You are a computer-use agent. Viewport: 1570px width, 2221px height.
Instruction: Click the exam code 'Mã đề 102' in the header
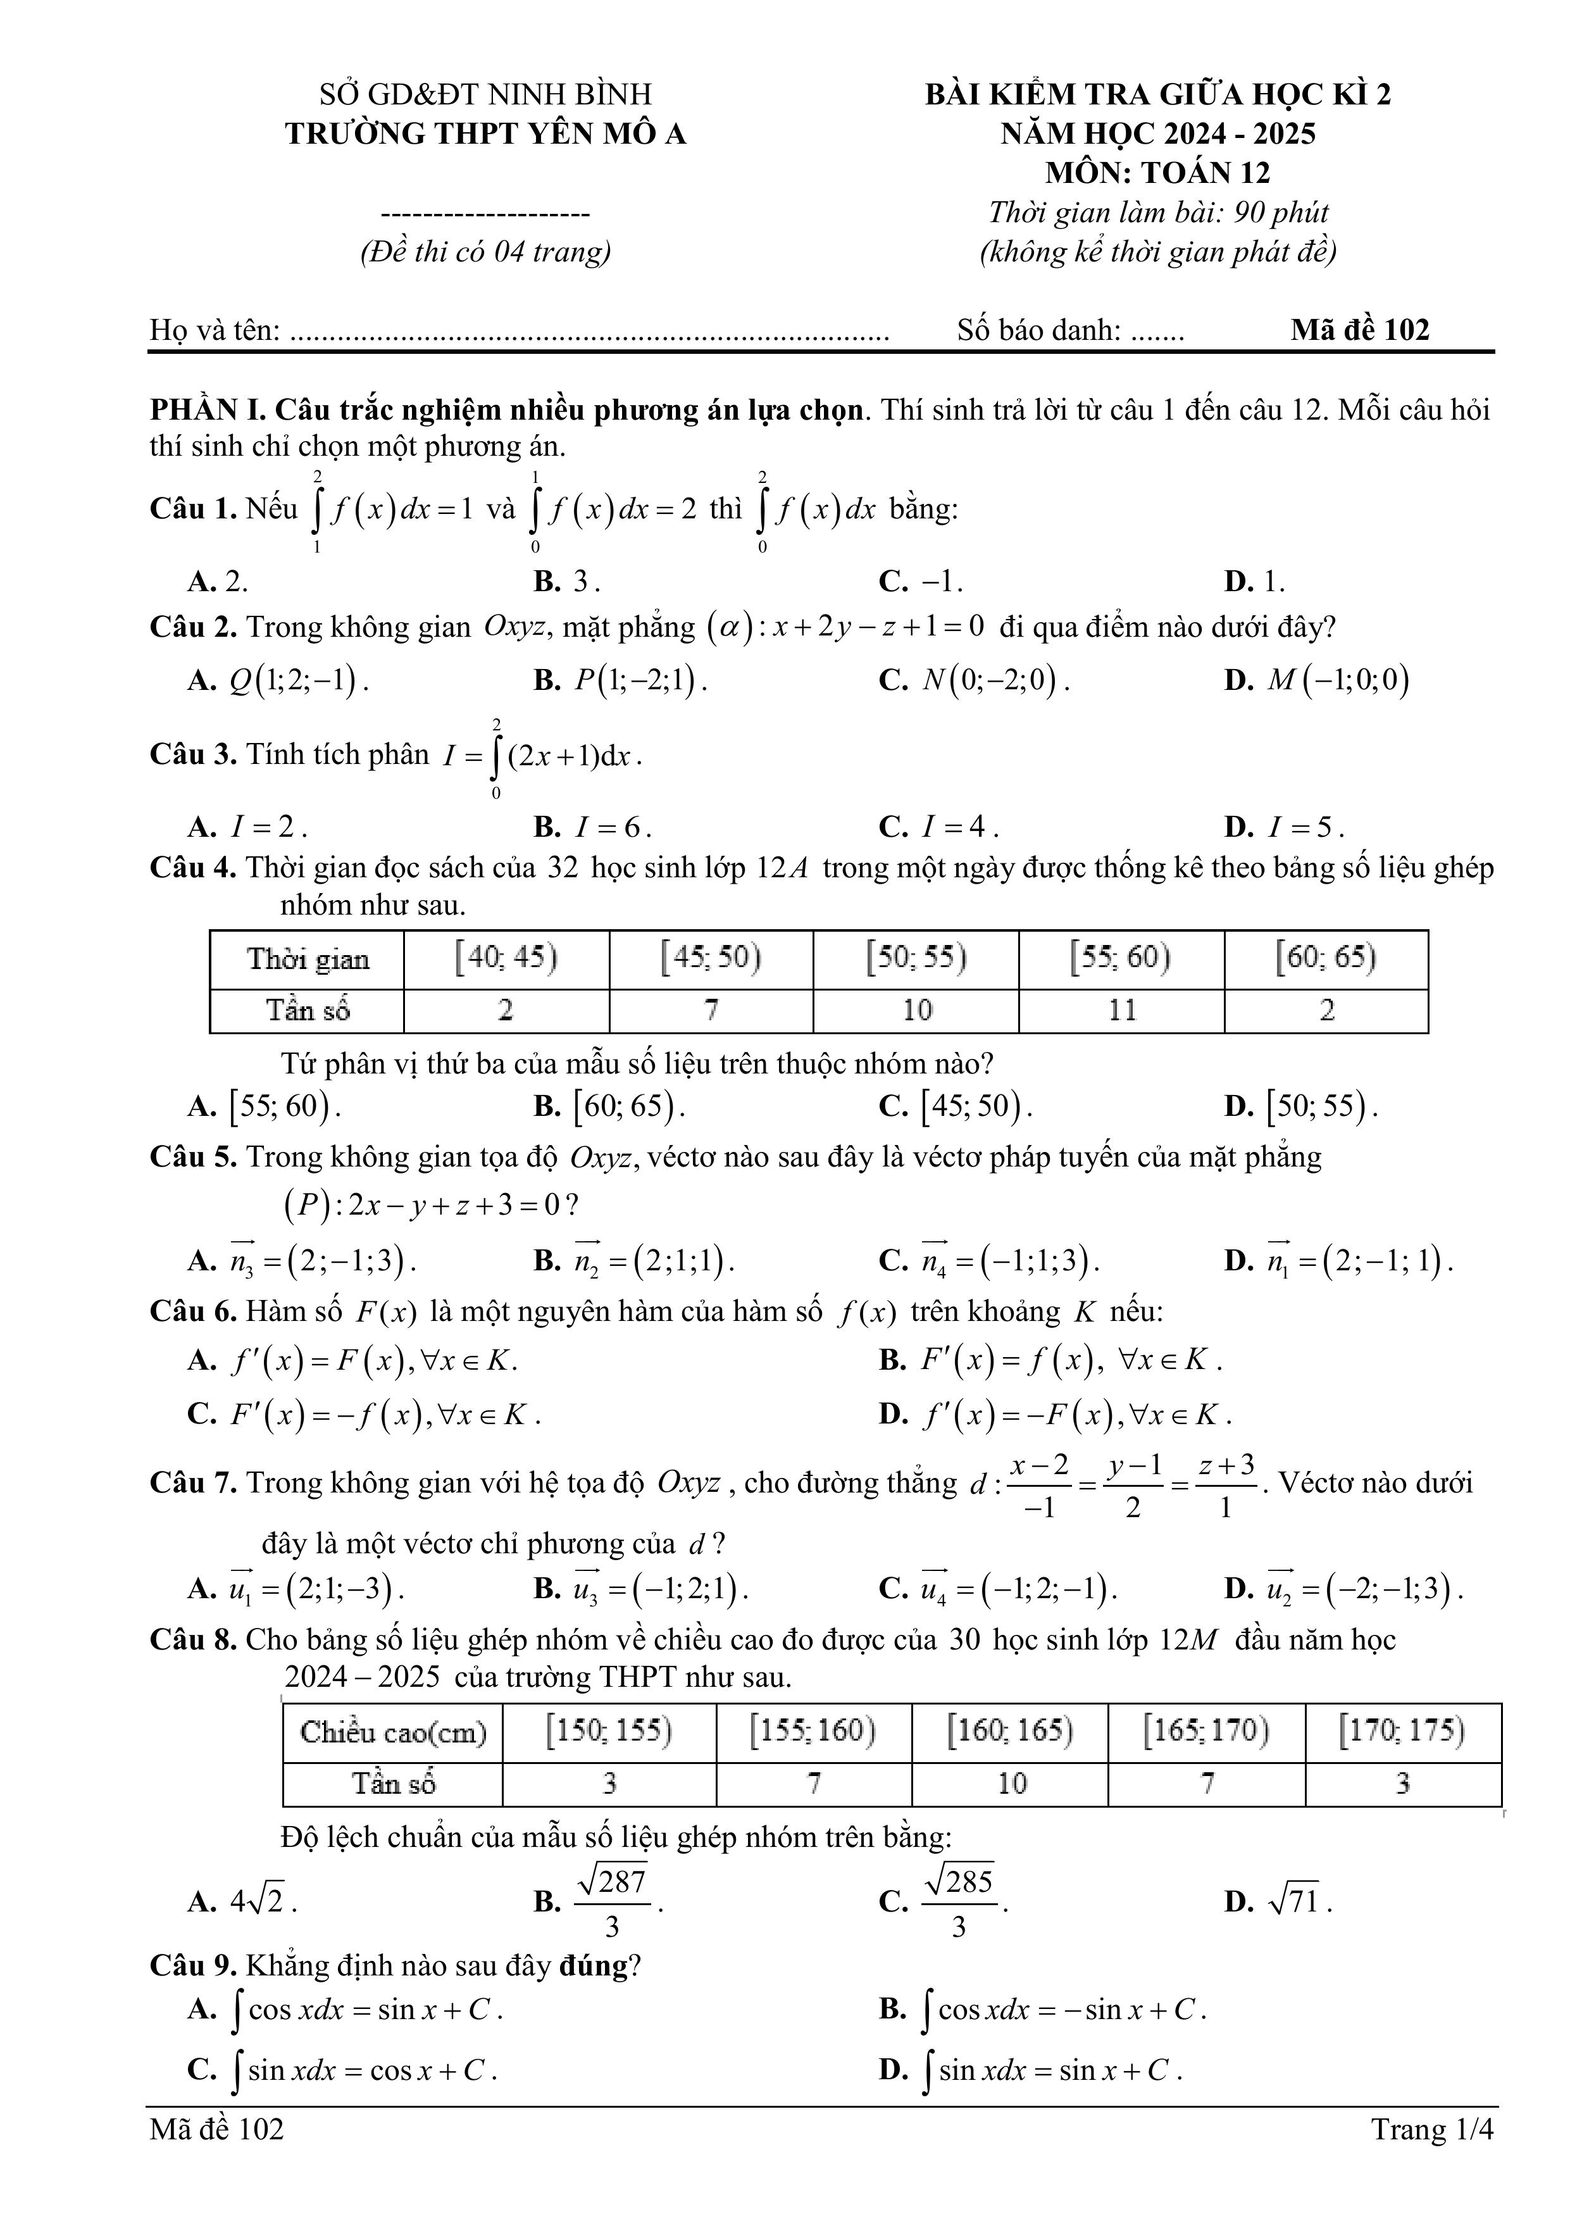1359,331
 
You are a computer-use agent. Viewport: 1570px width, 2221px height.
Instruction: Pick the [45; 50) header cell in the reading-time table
711,959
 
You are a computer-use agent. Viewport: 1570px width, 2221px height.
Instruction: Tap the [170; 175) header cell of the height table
1402,1730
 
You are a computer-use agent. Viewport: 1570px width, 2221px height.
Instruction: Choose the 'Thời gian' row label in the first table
308,960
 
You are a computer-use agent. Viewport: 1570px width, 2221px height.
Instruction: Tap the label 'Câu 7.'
192,1483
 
